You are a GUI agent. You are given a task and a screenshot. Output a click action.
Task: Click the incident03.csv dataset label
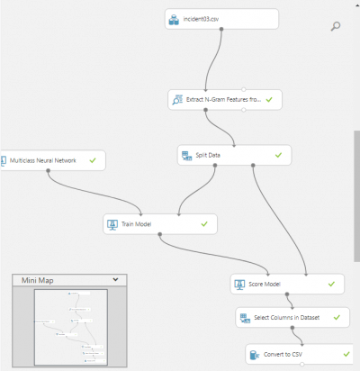(201, 19)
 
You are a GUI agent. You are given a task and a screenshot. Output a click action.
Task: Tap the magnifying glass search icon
(335, 26)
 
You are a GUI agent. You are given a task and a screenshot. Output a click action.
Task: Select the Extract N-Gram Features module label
(223, 100)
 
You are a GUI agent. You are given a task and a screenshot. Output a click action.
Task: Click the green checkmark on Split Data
(278, 155)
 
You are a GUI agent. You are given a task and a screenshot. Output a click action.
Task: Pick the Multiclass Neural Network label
(43, 160)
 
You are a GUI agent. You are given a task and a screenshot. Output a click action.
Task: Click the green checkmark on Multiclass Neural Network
(93, 160)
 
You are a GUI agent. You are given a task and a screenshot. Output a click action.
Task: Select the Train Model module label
(136, 224)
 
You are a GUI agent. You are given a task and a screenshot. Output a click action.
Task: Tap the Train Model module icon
(112, 224)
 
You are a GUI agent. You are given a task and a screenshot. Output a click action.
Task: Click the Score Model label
(265, 285)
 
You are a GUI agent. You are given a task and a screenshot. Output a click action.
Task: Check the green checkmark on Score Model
(331, 284)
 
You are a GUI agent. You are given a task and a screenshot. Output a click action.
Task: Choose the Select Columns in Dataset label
(286, 318)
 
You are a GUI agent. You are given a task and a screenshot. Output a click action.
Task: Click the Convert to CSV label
(283, 355)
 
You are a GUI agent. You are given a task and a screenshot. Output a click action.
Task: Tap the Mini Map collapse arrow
(115, 280)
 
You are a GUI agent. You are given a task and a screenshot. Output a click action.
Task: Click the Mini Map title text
(38, 280)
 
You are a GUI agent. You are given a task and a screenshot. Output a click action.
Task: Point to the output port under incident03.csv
(221, 29)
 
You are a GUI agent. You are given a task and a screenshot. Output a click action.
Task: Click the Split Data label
(208, 155)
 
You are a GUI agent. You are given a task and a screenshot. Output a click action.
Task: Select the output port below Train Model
(160, 234)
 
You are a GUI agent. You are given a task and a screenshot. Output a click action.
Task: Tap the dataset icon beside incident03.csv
(174, 20)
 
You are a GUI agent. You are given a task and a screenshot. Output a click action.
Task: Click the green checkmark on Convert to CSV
(346, 354)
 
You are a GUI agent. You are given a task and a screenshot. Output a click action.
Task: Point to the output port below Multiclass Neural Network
(48, 170)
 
